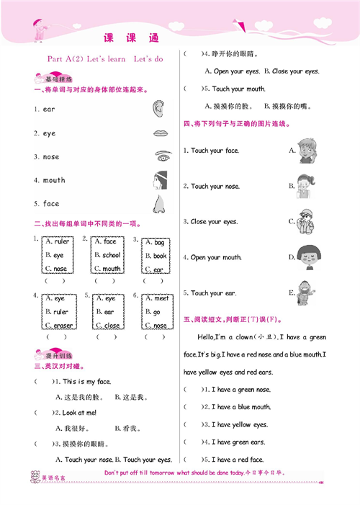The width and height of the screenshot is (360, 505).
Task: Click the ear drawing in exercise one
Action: point(158,109)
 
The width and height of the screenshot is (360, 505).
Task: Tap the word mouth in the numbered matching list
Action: point(54,180)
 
